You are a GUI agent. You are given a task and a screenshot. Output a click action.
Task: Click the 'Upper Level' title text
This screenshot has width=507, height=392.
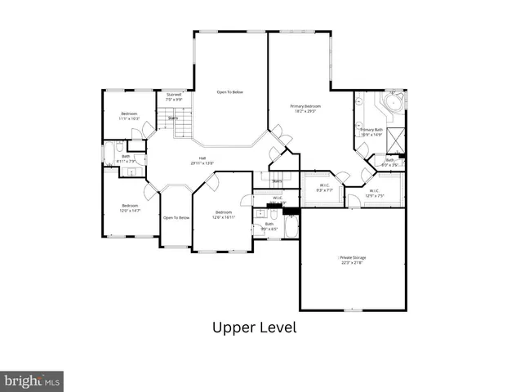click(x=254, y=327)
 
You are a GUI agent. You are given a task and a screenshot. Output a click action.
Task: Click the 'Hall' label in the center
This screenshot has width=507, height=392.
click(x=202, y=158)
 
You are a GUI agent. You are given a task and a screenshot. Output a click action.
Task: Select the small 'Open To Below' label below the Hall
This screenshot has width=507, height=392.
click(x=176, y=218)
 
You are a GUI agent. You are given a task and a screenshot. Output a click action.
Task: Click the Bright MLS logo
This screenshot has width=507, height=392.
click(x=32, y=380)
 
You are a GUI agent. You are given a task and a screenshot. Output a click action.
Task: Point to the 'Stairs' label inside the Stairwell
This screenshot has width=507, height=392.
click(x=173, y=118)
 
